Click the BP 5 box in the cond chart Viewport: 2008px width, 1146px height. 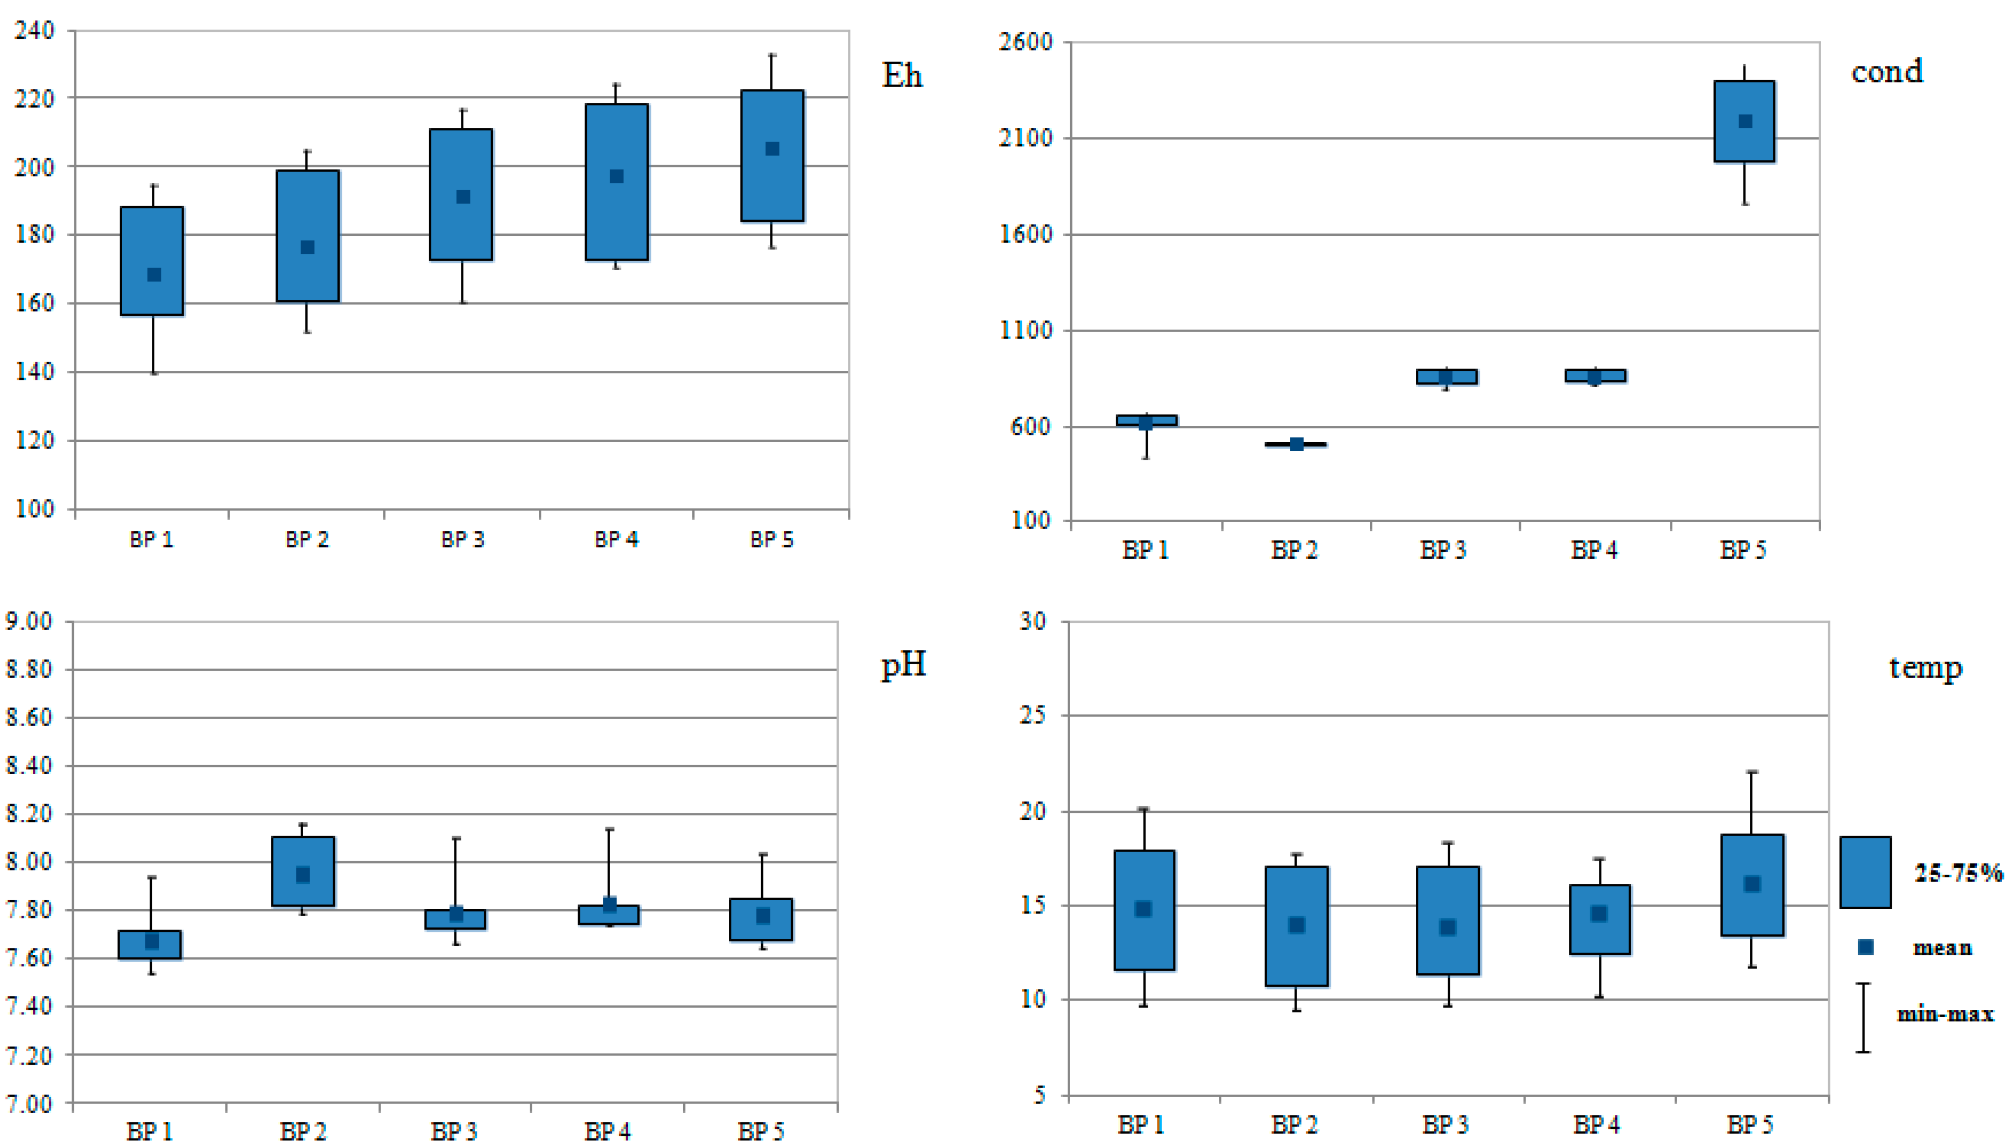click(x=1744, y=121)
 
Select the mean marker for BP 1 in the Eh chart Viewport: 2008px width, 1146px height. click(x=155, y=275)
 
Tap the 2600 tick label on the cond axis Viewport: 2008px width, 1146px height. click(x=1026, y=41)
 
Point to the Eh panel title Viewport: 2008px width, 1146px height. click(x=902, y=75)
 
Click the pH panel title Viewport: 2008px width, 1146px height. click(x=903, y=665)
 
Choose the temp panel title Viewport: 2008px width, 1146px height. click(x=1925, y=668)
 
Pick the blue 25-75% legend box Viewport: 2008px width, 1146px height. click(x=1865, y=872)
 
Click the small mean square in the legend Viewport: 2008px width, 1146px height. click(x=1865, y=947)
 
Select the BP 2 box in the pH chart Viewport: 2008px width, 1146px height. click(x=303, y=871)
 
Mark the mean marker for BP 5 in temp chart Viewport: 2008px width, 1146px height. click(x=1751, y=884)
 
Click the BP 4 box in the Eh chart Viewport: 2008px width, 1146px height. click(x=616, y=182)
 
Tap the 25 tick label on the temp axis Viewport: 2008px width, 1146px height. click(x=1033, y=715)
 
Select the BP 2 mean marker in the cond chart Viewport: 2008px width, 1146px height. click(x=1296, y=444)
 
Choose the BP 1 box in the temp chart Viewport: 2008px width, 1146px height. click(x=1144, y=910)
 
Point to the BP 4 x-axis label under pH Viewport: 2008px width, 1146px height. click(x=607, y=1131)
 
